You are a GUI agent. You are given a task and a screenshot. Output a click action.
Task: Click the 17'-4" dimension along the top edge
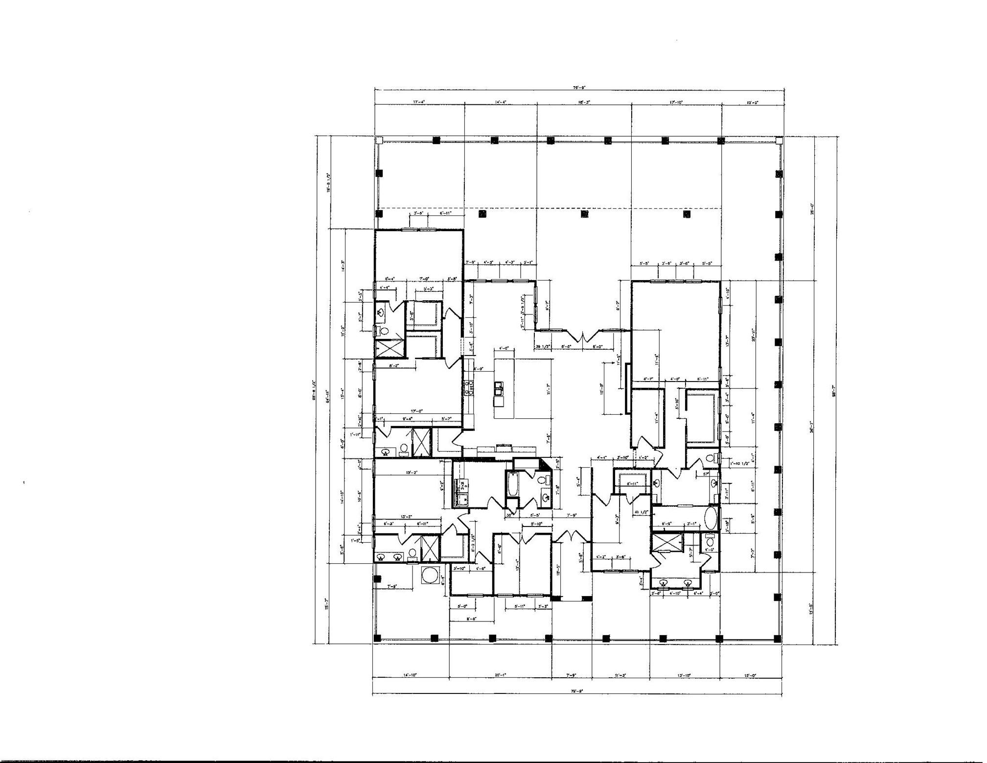[x=419, y=102]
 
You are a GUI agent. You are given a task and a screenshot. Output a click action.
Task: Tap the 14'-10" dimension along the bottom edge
[x=410, y=675]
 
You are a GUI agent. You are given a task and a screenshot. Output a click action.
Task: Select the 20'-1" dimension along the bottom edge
[x=500, y=675]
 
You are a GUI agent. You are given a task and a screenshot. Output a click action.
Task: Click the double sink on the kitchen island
[x=498, y=389]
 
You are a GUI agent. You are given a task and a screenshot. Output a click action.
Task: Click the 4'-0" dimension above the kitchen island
[x=504, y=349]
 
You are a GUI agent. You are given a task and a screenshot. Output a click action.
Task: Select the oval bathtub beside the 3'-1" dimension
[x=711, y=518]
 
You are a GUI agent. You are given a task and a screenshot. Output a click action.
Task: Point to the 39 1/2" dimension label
[x=543, y=346]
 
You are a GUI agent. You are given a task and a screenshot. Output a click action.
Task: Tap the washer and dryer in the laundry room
[x=462, y=492]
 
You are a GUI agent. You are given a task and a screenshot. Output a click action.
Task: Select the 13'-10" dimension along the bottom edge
[x=684, y=675]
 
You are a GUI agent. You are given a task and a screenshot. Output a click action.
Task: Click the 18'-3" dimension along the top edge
[x=584, y=102]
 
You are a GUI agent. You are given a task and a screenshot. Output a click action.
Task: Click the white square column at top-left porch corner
[x=378, y=140]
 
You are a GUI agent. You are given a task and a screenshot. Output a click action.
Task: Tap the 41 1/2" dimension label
[x=641, y=512]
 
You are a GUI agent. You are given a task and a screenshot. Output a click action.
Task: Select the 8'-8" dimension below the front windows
[x=471, y=619]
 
